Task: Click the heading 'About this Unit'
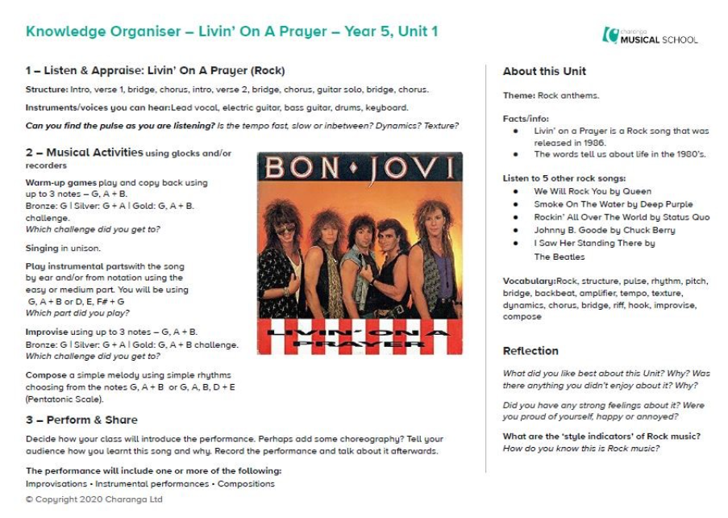[544, 71]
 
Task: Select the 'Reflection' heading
[530, 351]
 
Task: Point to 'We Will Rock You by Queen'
[593, 191]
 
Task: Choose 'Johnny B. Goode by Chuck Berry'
[604, 230]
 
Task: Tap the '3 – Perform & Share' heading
[81, 420]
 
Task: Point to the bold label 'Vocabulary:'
[529, 282]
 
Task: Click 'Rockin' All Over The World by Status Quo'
[622, 217]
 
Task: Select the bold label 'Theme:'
[519, 96]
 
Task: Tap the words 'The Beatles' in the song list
[559, 257]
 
